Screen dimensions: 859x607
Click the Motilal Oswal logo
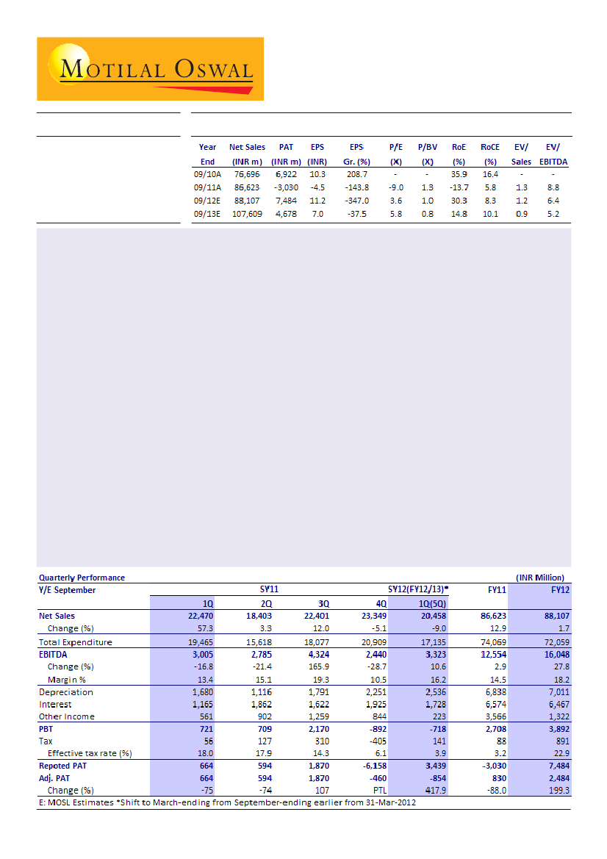150,70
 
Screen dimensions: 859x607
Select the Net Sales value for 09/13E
247,214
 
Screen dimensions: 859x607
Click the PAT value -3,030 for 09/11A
286,187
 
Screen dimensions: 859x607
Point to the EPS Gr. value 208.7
356,174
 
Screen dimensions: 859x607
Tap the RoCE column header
490,147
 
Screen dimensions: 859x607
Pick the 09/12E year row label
206,201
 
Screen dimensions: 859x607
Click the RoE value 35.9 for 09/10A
459,174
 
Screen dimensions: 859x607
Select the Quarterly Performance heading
82,578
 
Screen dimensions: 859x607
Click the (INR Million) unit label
540,578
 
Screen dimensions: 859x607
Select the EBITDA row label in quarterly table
54,654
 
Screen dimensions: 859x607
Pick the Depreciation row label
66,691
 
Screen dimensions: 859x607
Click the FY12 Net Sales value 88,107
554,616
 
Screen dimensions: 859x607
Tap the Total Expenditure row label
75,642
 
